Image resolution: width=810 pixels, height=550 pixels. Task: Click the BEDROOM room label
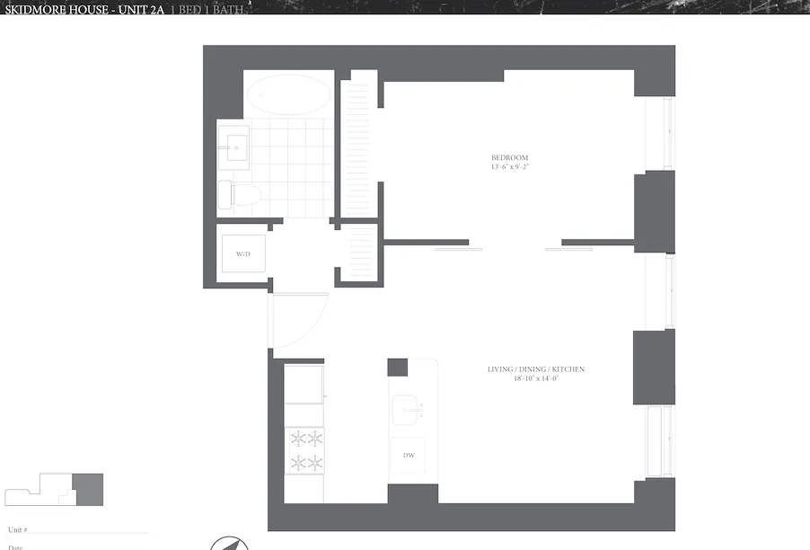(508, 158)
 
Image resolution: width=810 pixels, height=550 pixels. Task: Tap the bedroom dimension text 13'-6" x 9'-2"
(508, 167)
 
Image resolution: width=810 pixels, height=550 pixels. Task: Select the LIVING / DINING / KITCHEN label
(536, 369)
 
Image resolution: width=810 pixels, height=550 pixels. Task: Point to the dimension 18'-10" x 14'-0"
(536, 378)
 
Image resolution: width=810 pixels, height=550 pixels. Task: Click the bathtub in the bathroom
(288, 94)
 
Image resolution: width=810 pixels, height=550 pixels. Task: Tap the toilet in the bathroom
(240, 194)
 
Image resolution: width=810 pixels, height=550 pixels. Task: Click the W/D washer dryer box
(243, 255)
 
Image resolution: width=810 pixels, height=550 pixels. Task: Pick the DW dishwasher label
(409, 456)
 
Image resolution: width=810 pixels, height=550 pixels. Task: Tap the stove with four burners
(304, 450)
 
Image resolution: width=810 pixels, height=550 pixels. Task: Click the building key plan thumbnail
(54, 490)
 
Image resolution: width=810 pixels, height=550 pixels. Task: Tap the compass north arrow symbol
(226, 544)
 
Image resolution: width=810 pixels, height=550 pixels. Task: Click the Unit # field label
(17, 530)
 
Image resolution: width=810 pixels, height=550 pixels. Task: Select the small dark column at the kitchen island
(398, 368)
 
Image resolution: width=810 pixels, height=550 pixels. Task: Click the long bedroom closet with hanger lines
(358, 144)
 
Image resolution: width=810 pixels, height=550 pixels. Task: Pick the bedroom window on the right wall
(667, 133)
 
